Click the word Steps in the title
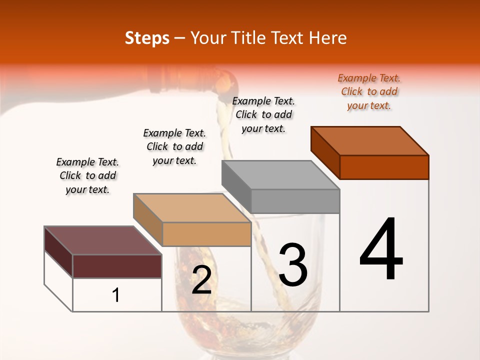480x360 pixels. pyautogui.click(x=147, y=38)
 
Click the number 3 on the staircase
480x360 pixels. pyautogui.click(x=293, y=265)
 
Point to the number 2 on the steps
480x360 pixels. pyautogui.click(x=201, y=280)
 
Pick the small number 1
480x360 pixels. pyautogui.click(x=116, y=295)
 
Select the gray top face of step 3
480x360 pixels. pyautogui.click(x=280, y=175)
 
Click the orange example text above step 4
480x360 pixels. pyautogui.click(x=369, y=91)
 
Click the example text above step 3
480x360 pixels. pyautogui.click(x=263, y=114)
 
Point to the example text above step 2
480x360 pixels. pyautogui.click(x=174, y=146)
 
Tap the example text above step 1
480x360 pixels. pyautogui.click(x=87, y=175)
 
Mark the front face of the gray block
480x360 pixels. pyautogui.click(x=295, y=201)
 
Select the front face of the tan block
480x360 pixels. pyautogui.click(x=206, y=234)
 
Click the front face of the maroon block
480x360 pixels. pyautogui.click(x=117, y=266)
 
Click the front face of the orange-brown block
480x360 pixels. pyautogui.click(x=384, y=167)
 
